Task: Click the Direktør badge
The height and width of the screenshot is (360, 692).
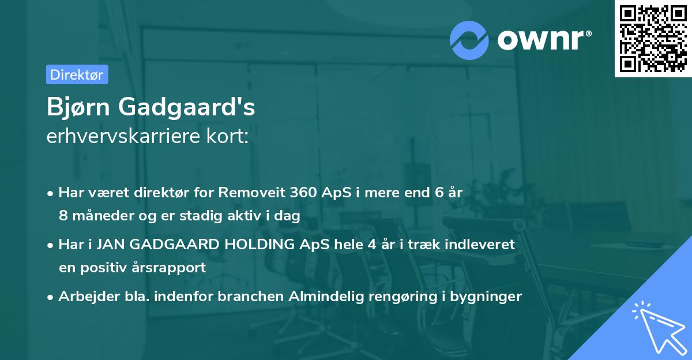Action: point(77,74)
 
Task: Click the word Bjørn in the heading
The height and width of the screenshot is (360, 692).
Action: point(79,107)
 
